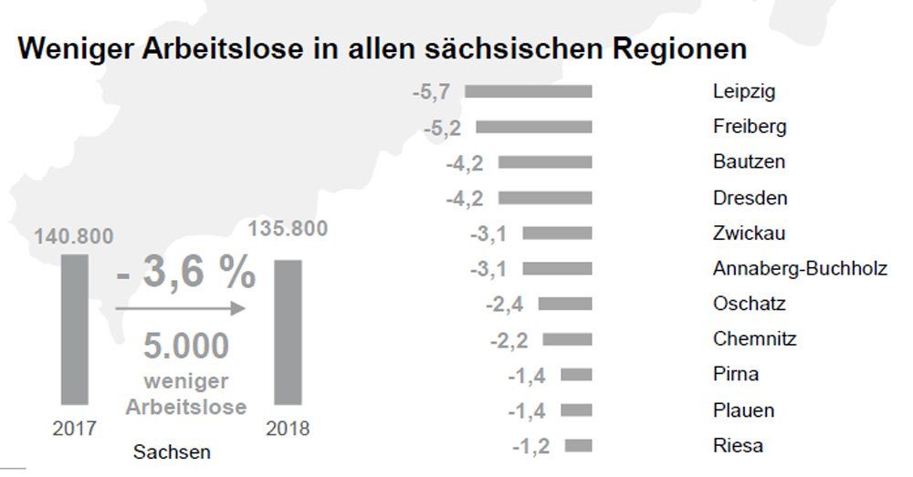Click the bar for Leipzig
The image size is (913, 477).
pos(529,91)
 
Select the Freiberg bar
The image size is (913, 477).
pos(534,127)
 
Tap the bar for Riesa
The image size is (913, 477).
pos(578,446)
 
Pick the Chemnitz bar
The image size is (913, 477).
pos(567,339)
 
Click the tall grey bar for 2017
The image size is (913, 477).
pos(75,328)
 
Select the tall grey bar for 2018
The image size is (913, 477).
pos(289,331)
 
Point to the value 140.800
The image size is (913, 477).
pos(74,237)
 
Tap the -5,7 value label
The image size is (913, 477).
pos(431,92)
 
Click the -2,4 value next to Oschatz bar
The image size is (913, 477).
pos(506,304)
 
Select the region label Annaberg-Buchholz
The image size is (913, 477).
pos(800,268)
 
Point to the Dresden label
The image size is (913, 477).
pos(750,198)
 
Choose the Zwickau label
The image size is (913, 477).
pos(749,233)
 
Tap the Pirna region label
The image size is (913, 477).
pos(736,375)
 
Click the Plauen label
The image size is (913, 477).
pos(743,410)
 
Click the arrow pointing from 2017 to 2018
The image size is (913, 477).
pos(181,309)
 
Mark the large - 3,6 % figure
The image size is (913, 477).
pos(186,273)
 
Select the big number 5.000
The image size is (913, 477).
pos(186,347)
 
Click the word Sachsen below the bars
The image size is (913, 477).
pos(172,452)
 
